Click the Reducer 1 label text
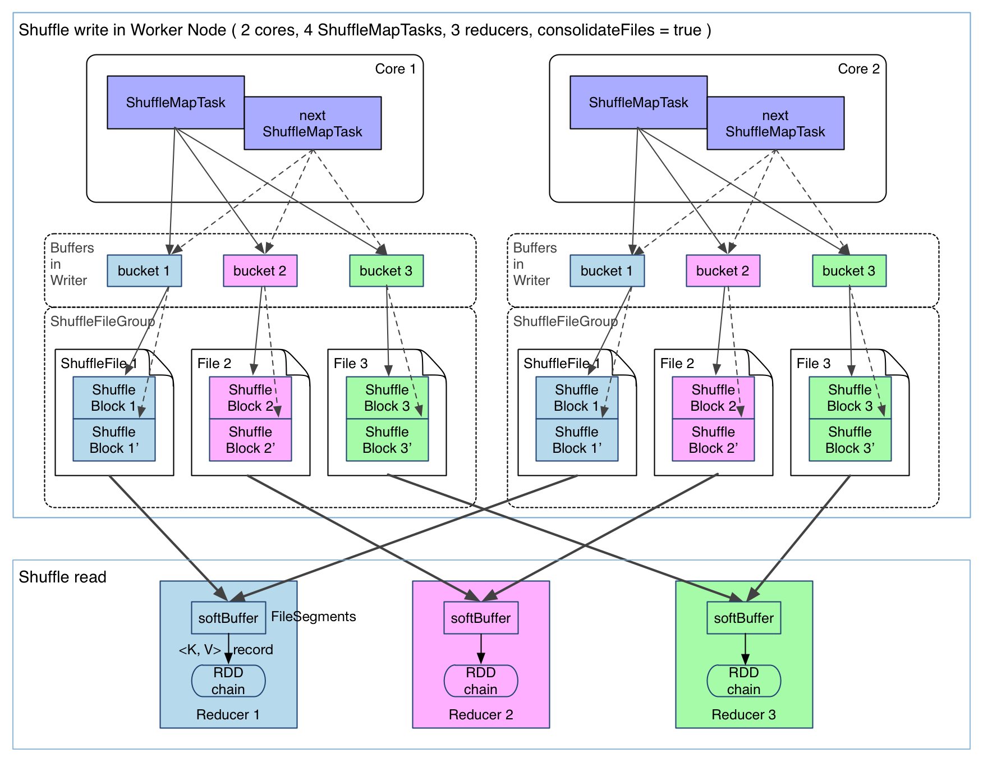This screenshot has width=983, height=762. point(228,714)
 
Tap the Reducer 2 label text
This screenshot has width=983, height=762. point(481,714)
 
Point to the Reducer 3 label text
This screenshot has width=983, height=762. point(743,714)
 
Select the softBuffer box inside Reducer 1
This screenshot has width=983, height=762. point(228,618)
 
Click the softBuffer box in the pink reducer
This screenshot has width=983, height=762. point(481,618)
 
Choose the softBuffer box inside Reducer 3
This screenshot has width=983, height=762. point(743,618)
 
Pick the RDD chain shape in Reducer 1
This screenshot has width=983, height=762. point(228,681)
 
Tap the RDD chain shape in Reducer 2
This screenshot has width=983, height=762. point(481,681)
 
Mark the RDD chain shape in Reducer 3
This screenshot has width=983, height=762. point(743,681)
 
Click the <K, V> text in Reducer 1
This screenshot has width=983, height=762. point(200,649)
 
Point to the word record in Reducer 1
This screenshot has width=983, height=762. point(253,649)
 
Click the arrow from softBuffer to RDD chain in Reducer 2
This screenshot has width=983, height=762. point(481,649)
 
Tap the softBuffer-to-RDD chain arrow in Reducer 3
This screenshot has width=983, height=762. point(745,649)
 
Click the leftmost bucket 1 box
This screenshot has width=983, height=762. point(144,271)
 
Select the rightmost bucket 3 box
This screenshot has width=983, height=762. point(849,271)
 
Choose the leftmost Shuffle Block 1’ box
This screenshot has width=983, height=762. point(114,440)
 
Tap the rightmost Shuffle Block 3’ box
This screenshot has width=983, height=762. point(850,440)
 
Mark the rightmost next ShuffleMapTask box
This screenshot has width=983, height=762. point(775,123)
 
